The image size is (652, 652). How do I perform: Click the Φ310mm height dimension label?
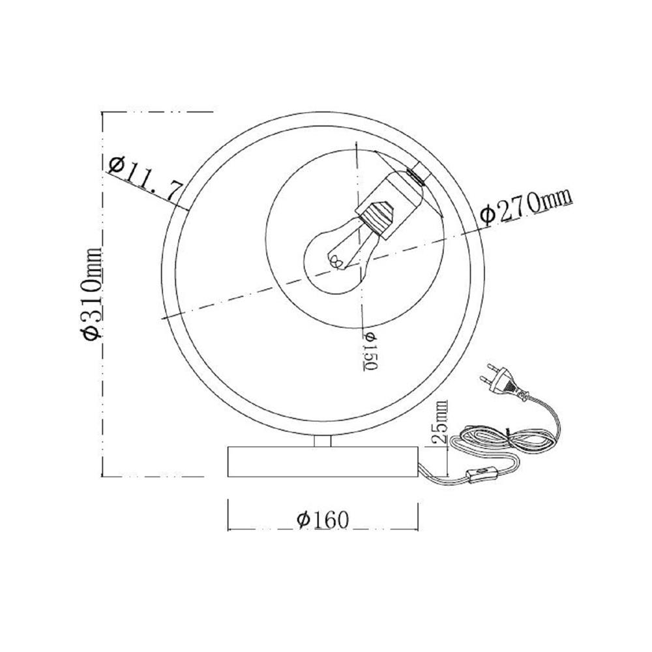coord(92,293)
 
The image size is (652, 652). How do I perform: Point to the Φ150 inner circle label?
coord(370,351)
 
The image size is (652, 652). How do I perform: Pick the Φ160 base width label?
coord(323,520)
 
